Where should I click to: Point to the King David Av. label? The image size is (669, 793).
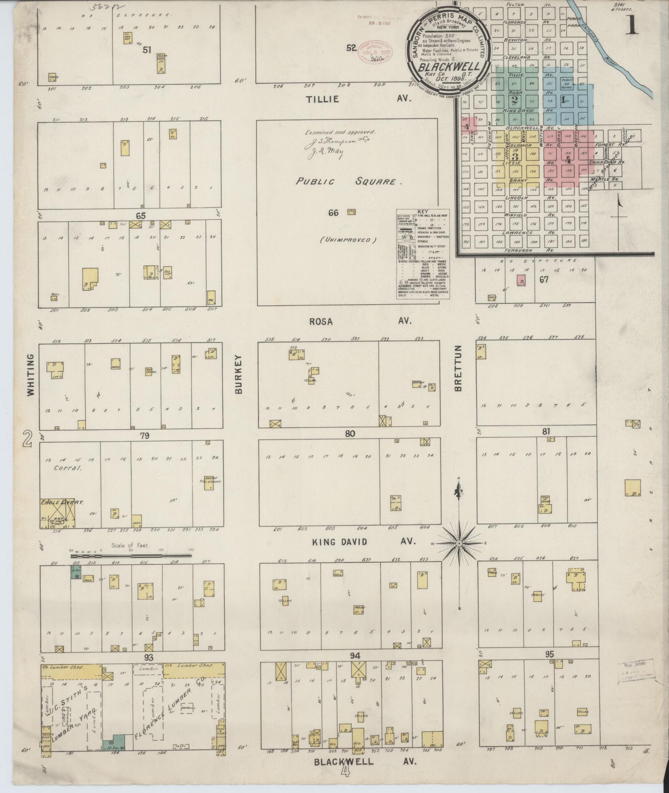coord(363,541)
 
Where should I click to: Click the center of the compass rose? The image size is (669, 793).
coord(459,543)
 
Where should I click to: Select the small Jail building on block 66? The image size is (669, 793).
coord(352,212)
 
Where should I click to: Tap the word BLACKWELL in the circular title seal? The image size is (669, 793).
coord(449,67)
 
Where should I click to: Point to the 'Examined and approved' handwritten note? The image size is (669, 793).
coord(340,133)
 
